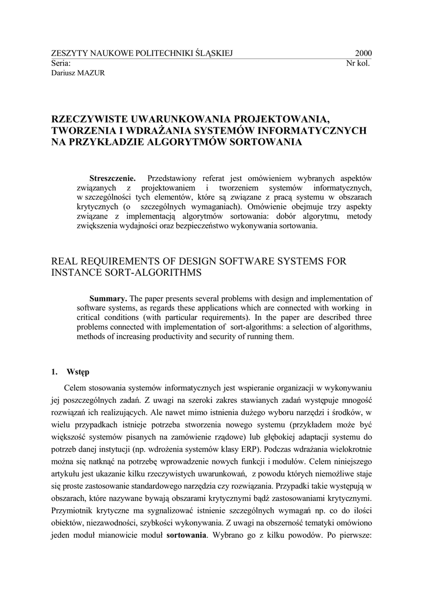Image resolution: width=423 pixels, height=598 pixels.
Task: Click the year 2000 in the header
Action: tap(363, 53)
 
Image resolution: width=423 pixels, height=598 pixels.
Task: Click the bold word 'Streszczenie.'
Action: tap(112, 177)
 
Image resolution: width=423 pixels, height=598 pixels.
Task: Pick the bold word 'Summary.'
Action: tap(108, 298)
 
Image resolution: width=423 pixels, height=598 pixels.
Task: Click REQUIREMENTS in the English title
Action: tap(120, 260)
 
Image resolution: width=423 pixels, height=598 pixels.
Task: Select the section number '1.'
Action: tap(54, 371)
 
